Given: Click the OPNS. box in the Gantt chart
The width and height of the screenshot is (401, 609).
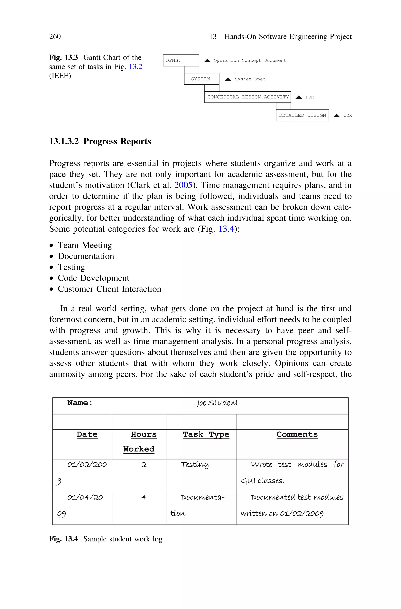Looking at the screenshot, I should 181,60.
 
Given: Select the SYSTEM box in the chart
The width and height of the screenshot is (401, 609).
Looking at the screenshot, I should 201,79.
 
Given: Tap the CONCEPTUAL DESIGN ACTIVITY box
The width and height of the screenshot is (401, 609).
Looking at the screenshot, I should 247,97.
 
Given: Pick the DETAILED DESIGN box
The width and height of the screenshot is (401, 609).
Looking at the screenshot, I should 302,116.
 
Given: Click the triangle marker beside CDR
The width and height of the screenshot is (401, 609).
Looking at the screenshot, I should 336,116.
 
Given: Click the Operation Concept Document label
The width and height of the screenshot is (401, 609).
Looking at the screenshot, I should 250,61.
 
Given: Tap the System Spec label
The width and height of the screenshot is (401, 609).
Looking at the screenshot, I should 250,79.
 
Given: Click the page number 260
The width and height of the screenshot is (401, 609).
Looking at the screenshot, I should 55,37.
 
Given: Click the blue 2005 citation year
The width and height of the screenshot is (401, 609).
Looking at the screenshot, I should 183,185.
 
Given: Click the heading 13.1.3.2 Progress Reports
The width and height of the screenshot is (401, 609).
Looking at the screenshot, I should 100,141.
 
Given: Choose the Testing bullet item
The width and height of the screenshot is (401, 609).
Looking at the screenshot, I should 71,267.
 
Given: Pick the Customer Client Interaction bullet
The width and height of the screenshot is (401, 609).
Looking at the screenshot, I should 109,289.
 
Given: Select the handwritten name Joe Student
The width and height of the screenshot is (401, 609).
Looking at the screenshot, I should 216,403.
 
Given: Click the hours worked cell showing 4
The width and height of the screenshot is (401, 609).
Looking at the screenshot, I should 144,497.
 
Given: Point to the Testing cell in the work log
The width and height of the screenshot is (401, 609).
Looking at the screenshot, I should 195,465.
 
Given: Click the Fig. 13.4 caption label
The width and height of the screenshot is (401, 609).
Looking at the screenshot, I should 63,539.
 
